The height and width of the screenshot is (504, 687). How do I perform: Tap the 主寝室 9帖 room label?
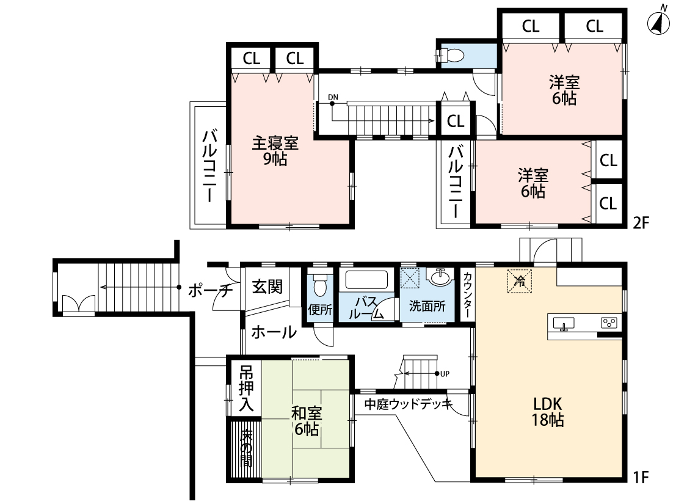click(275, 151)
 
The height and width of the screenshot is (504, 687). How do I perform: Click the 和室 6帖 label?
click(307, 421)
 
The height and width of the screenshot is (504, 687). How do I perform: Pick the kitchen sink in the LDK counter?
click(563, 323)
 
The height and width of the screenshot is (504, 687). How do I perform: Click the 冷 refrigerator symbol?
click(520, 282)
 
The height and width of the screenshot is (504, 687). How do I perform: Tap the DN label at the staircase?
click(332, 98)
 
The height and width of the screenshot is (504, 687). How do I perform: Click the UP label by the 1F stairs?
click(444, 374)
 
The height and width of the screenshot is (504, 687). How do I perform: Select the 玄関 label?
click(268, 287)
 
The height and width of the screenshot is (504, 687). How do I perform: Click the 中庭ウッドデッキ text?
click(408, 404)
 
